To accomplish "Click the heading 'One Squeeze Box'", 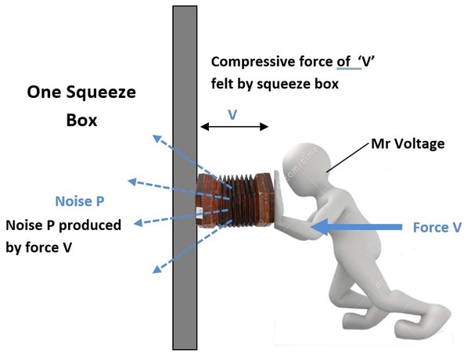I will [81, 107].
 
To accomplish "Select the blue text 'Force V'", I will [433, 227].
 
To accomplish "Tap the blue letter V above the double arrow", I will [232, 114].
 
